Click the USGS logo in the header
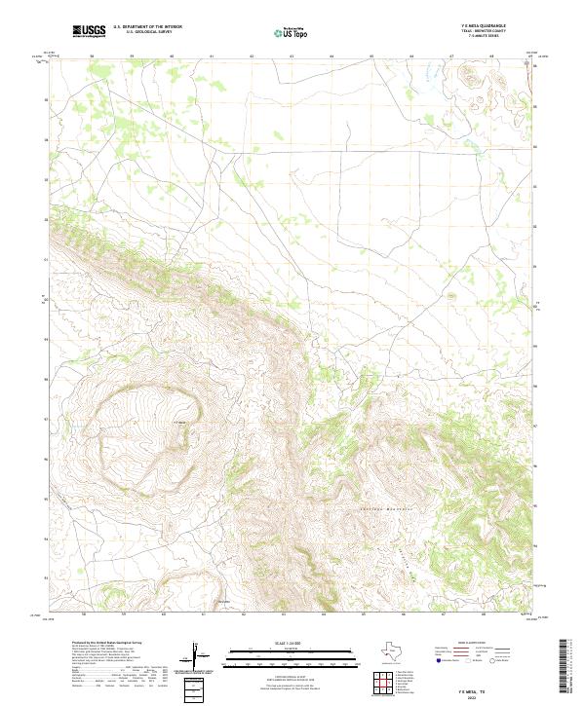pos(89,32)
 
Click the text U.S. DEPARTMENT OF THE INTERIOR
pos(147,27)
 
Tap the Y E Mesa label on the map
pos(178,422)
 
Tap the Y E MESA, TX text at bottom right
pos(479,686)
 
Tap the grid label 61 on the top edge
pos(212,56)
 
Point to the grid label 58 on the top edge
pos(91,56)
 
